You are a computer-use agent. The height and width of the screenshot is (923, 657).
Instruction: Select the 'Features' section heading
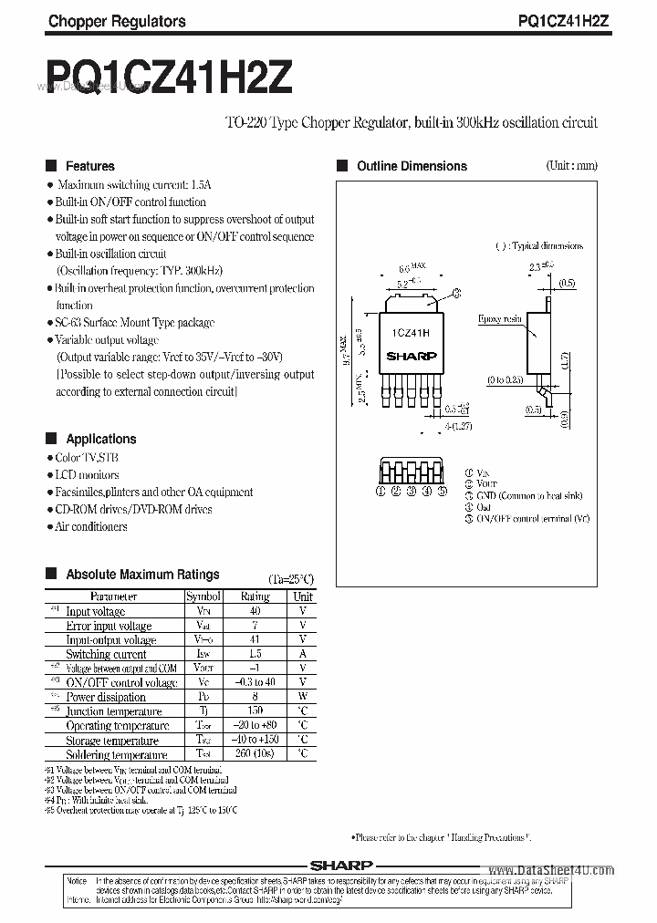[x=89, y=166]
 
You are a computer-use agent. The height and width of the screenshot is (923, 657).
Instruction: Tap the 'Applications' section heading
[x=100, y=439]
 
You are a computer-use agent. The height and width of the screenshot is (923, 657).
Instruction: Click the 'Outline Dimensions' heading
[x=412, y=166]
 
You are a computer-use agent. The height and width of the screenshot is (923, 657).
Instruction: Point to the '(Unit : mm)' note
[x=571, y=165]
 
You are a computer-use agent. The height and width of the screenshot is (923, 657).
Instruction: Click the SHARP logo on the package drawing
[x=412, y=357]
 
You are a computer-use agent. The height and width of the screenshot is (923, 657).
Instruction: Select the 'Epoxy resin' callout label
[x=500, y=319]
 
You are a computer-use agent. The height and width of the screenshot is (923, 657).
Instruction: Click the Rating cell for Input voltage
[x=255, y=611]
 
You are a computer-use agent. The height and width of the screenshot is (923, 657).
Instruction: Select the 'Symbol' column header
[x=203, y=596]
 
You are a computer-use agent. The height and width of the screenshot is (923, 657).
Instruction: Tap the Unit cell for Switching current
[x=303, y=654]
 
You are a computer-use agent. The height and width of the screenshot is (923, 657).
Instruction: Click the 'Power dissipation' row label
[x=106, y=697]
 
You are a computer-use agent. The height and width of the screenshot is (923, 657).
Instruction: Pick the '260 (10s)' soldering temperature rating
[x=255, y=754]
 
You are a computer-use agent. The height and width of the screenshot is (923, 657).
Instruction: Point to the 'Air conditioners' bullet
[x=90, y=527]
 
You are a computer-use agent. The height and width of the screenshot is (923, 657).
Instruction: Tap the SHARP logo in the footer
[x=340, y=864]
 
